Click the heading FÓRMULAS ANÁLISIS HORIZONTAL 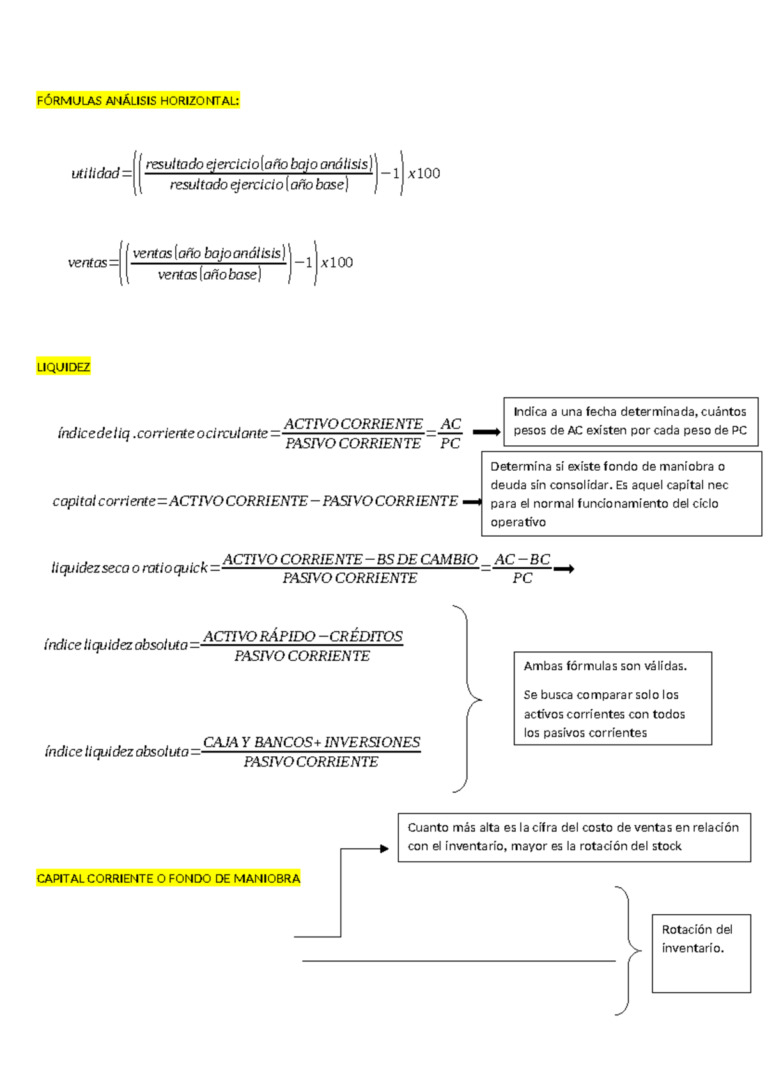138,100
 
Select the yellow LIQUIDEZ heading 63,367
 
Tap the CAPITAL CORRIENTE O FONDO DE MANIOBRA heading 168,878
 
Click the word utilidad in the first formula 95,173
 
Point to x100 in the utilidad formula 424,173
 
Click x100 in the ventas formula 337,262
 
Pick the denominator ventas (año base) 209,275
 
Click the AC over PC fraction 451,434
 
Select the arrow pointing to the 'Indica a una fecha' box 486,432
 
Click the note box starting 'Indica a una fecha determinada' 630,421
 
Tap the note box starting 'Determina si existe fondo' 621,494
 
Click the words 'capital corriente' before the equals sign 104,501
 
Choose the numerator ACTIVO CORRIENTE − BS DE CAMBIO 350,559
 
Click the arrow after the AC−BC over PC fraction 564,569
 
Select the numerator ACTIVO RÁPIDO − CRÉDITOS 303,637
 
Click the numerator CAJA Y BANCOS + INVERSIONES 311,742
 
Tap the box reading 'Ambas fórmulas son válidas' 612,699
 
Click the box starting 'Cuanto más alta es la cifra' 574,837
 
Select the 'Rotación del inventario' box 701,953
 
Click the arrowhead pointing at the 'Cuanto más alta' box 384,849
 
